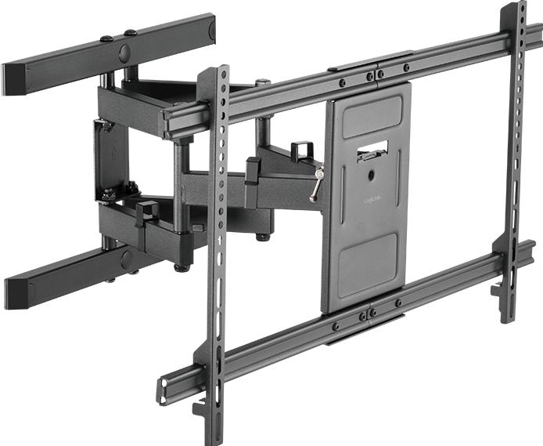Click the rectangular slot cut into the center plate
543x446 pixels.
coord(372,149)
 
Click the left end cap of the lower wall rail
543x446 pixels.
coord(15,292)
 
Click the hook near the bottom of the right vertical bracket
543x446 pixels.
coord(498,290)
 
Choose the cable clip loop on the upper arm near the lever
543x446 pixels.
coord(300,150)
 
